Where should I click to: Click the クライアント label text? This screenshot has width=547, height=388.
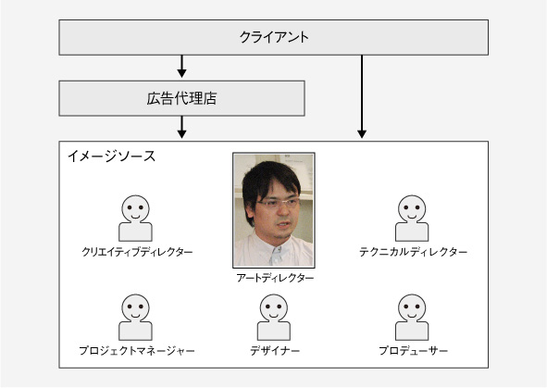pyautogui.click(x=274, y=37)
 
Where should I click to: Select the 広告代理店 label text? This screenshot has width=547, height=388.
pyautogui.click(x=181, y=98)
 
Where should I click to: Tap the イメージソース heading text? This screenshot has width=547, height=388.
pyautogui.click(x=112, y=156)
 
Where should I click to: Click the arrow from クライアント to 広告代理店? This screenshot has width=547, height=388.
pyautogui.click(x=181, y=67)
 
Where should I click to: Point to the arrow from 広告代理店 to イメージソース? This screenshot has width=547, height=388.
pyautogui.click(x=181, y=127)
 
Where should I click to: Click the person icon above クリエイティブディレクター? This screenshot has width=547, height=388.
pyautogui.click(x=136, y=218)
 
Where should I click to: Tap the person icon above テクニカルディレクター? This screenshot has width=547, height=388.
pyautogui.click(x=412, y=218)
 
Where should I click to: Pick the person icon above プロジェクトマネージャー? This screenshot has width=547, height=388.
pyautogui.click(x=136, y=318)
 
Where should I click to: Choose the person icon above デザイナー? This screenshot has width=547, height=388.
pyautogui.click(x=274, y=318)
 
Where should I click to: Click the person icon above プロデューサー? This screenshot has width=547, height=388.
pyautogui.click(x=412, y=318)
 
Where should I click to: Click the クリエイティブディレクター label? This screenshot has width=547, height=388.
pyautogui.click(x=137, y=252)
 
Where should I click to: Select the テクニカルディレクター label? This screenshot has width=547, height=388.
pyautogui.click(x=414, y=252)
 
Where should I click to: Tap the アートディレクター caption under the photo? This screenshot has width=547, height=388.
pyautogui.click(x=275, y=278)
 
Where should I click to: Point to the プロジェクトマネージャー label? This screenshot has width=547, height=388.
pyautogui.click(x=137, y=351)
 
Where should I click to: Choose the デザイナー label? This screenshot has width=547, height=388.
pyautogui.click(x=275, y=351)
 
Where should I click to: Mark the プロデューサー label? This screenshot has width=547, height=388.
pyautogui.click(x=414, y=351)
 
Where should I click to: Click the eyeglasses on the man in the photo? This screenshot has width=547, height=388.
pyautogui.click(x=279, y=203)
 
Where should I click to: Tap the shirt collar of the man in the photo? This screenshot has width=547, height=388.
pyautogui.click(x=276, y=249)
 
